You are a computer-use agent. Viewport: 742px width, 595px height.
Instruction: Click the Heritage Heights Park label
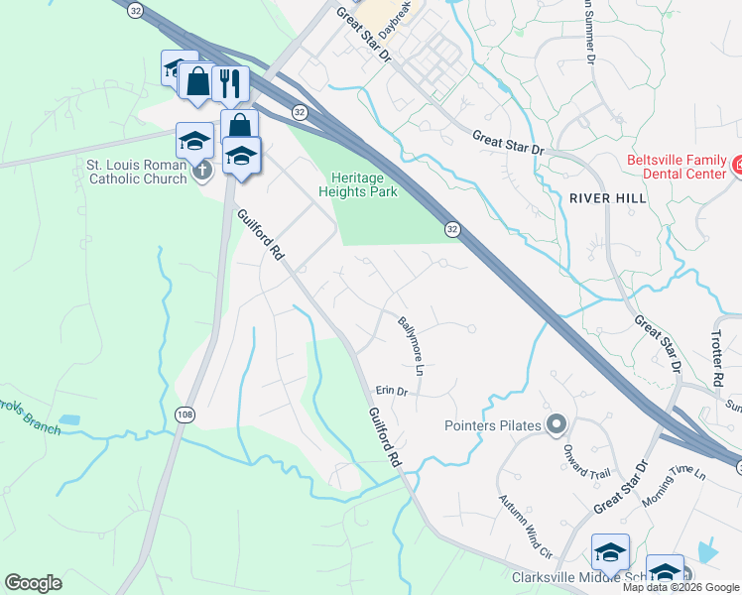click(357, 183)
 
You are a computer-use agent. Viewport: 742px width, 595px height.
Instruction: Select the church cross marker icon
click(201, 170)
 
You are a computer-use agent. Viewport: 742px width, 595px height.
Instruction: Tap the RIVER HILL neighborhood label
click(608, 198)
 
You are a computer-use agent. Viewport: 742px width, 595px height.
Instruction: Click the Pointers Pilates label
click(492, 425)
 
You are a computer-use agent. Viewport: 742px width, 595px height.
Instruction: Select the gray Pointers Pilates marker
click(556, 425)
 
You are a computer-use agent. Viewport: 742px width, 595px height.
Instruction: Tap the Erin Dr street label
click(392, 391)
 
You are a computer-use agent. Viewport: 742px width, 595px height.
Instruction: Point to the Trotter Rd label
click(717, 359)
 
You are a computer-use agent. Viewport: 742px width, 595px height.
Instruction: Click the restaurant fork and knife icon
click(229, 83)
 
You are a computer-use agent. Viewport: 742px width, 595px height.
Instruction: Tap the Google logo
click(33, 583)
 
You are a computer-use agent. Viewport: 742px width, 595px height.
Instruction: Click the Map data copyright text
click(680, 587)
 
